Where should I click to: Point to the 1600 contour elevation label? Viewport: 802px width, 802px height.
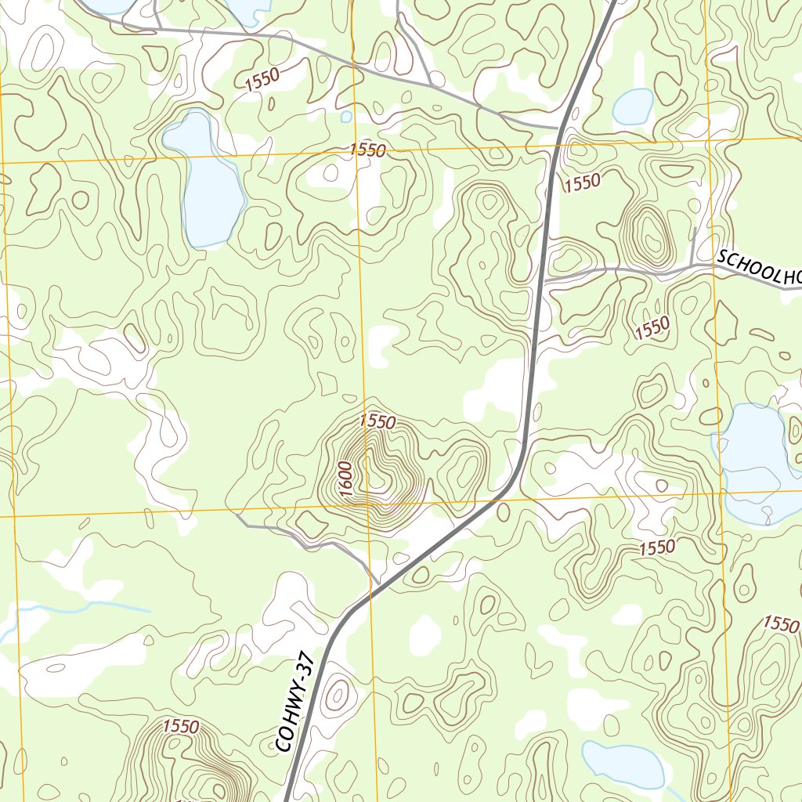(347, 477)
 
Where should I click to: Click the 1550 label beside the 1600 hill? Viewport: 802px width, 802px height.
(378, 421)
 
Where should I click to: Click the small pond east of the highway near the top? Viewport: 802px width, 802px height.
(634, 107)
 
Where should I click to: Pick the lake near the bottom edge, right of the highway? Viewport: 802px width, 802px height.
(624, 763)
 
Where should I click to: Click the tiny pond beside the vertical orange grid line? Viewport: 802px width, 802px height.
(346, 117)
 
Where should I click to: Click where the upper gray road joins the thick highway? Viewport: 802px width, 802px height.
(558, 127)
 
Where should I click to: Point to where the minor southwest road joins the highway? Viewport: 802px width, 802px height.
(379, 584)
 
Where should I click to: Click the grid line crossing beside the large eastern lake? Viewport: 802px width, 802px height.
(721, 493)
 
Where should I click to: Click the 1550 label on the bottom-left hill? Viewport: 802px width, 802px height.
(180, 727)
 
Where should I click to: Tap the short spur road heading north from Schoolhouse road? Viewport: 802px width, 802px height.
(694, 247)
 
